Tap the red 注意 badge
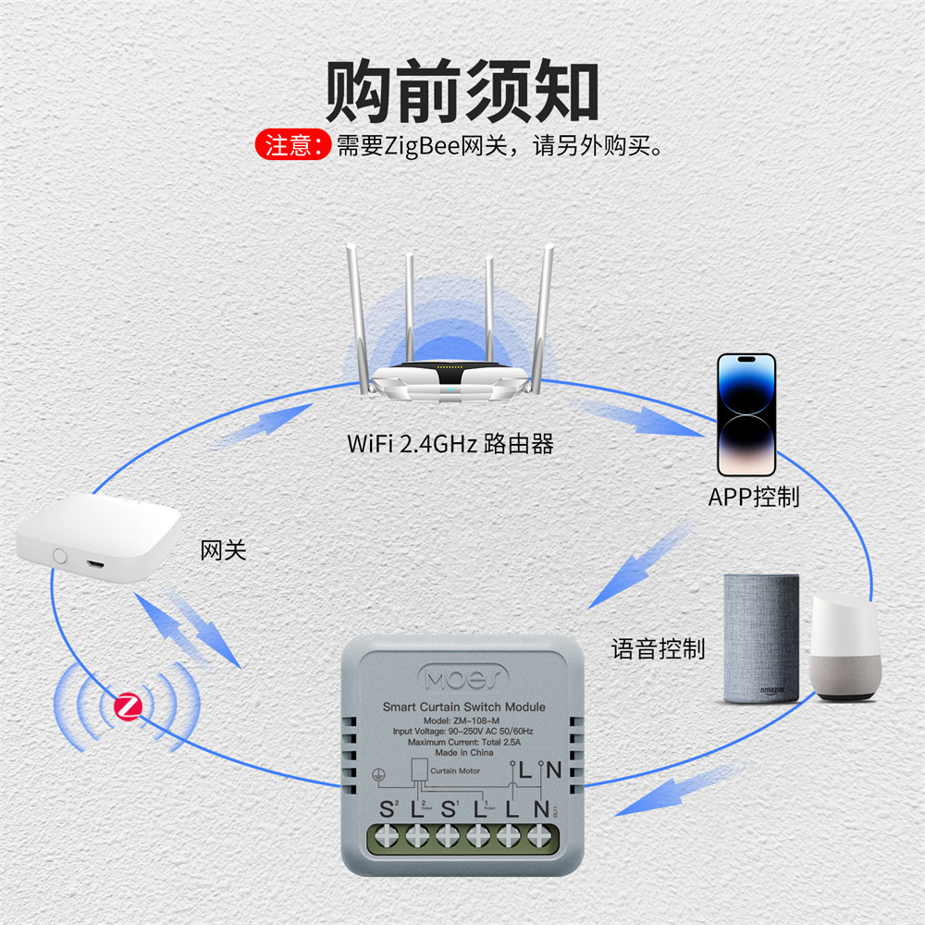(x=292, y=145)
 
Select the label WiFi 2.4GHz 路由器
(x=450, y=444)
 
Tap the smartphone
(x=746, y=414)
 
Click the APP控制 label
(x=754, y=497)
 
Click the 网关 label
(x=224, y=551)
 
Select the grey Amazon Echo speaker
(x=760, y=637)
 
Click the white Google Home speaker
(x=845, y=647)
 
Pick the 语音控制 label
(x=658, y=648)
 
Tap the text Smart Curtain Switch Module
(x=463, y=707)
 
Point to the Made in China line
(x=463, y=753)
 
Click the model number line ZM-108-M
(x=463, y=720)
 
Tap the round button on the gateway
(x=61, y=556)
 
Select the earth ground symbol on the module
(x=377, y=774)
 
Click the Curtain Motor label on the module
(x=453, y=770)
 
